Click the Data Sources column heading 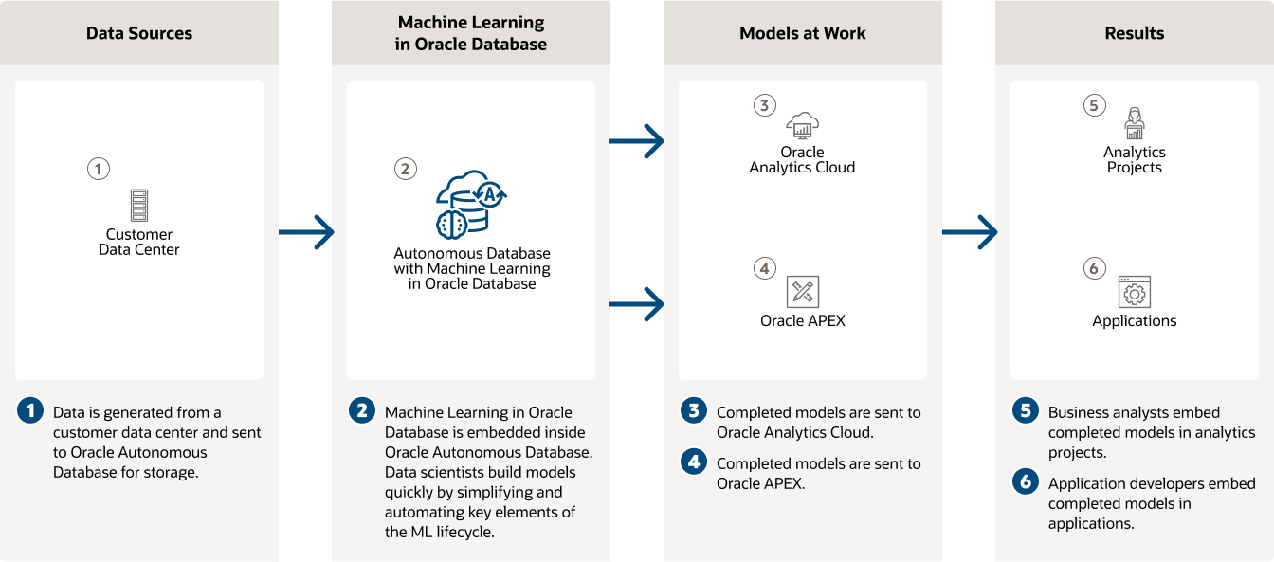pos(139,33)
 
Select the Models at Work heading pos(802,33)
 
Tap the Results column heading pos(1134,33)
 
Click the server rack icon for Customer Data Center pos(139,205)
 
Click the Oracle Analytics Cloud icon pos(802,125)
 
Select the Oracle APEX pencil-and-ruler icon pos(802,291)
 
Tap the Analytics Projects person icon pos(1134,124)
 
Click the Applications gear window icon pos(1134,291)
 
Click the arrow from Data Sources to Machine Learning pos(306,231)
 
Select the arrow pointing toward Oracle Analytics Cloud pos(636,141)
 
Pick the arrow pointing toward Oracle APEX pos(636,304)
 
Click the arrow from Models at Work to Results pos(970,231)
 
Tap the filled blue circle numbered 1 pos(31,411)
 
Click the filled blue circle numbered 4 pos(695,462)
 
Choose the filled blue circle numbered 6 pos(1026,482)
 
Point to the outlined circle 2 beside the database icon pos(405,170)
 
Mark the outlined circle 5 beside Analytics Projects pos(1094,105)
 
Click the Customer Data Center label pos(139,242)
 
